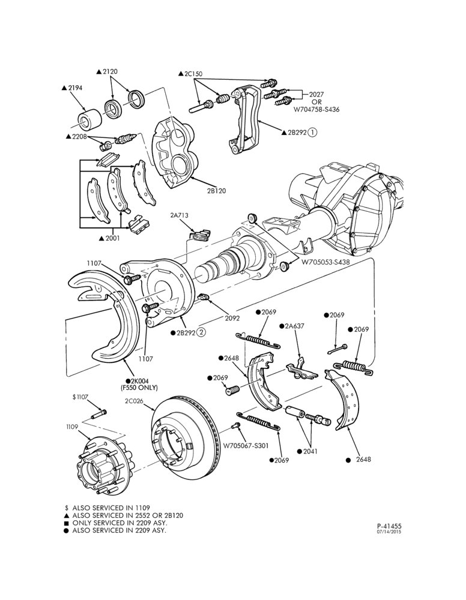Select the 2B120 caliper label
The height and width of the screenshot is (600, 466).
(216, 191)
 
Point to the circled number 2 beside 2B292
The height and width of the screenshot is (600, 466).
(201, 332)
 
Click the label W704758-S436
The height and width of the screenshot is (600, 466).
(316, 109)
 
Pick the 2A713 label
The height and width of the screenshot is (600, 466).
(180, 215)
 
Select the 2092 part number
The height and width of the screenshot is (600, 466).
(232, 318)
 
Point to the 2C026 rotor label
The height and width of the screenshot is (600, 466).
(133, 401)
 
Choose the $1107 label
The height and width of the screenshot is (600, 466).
(80, 398)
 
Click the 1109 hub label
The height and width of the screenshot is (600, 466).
(71, 426)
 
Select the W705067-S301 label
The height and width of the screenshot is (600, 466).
(246, 445)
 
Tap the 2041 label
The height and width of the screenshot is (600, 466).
(310, 451)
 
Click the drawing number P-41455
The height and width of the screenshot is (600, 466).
(389, 527)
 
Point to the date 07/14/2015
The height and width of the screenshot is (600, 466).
(389, 532)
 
